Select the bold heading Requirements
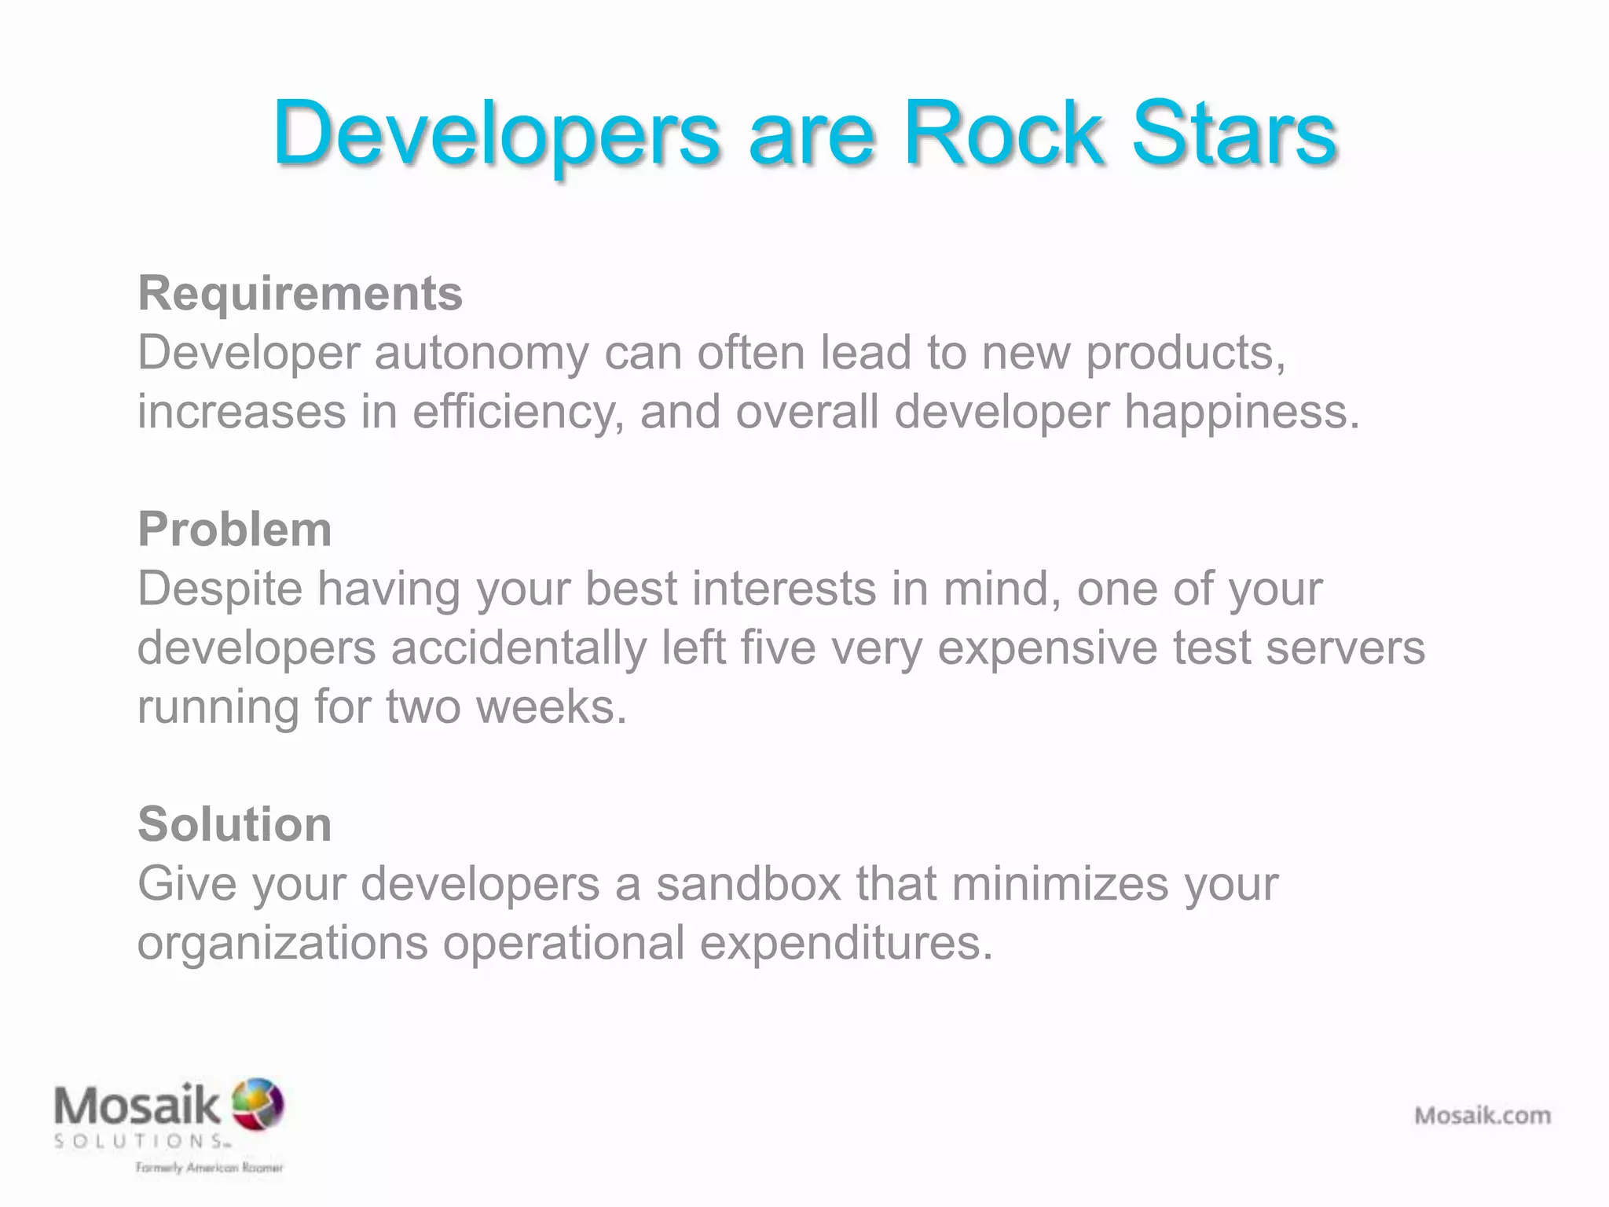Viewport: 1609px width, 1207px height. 300,293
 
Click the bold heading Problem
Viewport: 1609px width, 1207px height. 234,529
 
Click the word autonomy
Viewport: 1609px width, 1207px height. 481,353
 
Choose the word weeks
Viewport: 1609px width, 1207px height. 552,706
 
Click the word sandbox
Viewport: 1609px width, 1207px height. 749,883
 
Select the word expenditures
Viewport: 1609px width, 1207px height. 846,943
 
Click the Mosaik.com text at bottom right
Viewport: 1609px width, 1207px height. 1483,1115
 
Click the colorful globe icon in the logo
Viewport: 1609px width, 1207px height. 258,1102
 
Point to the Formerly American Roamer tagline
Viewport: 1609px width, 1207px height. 209,1168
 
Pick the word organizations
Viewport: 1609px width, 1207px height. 283,943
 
